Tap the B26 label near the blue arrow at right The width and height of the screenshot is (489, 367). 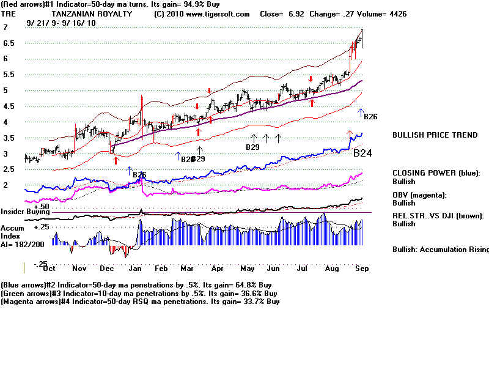371,116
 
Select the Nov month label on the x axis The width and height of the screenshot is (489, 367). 79,269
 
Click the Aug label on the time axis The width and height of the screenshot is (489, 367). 331,269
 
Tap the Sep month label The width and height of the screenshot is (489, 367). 361,269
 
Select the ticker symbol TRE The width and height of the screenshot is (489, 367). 9,13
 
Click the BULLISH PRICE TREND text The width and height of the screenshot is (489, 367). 435,135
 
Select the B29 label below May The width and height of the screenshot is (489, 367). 252,147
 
